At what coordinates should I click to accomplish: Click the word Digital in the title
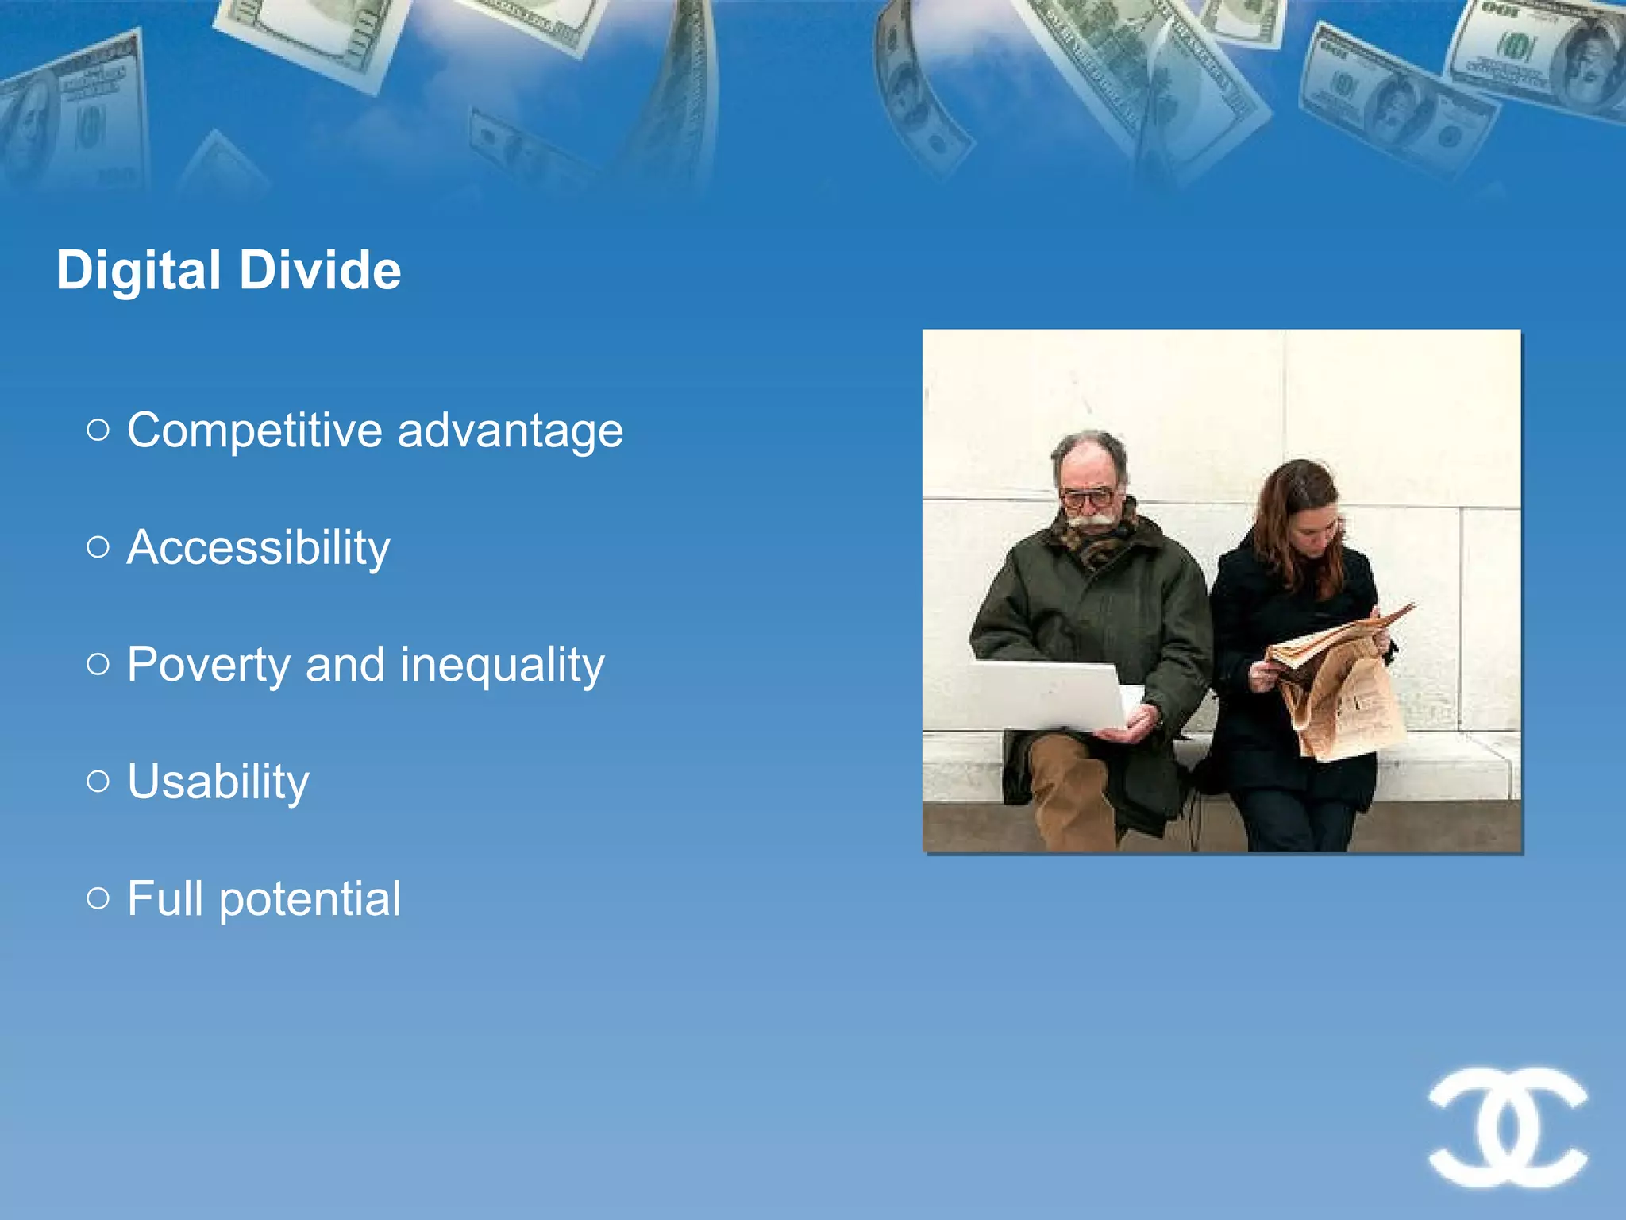(x=138, y=271)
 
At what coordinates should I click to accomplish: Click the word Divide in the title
(x=320, y=271)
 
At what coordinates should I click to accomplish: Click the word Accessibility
(x=259, y=548)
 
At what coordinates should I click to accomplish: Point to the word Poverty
(x=208, y=665)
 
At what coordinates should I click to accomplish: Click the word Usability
(x=218, y=782)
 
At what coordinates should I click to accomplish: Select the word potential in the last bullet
(x=310, y=899)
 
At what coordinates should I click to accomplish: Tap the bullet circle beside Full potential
(x=98, y=898)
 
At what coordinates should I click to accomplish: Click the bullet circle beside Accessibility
(x=98, y=546)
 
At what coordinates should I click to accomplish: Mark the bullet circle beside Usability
(x=98, y=781)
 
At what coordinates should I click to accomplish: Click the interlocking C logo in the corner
(x=1507, y=1127)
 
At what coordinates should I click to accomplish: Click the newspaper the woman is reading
(x=1342, y=683)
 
